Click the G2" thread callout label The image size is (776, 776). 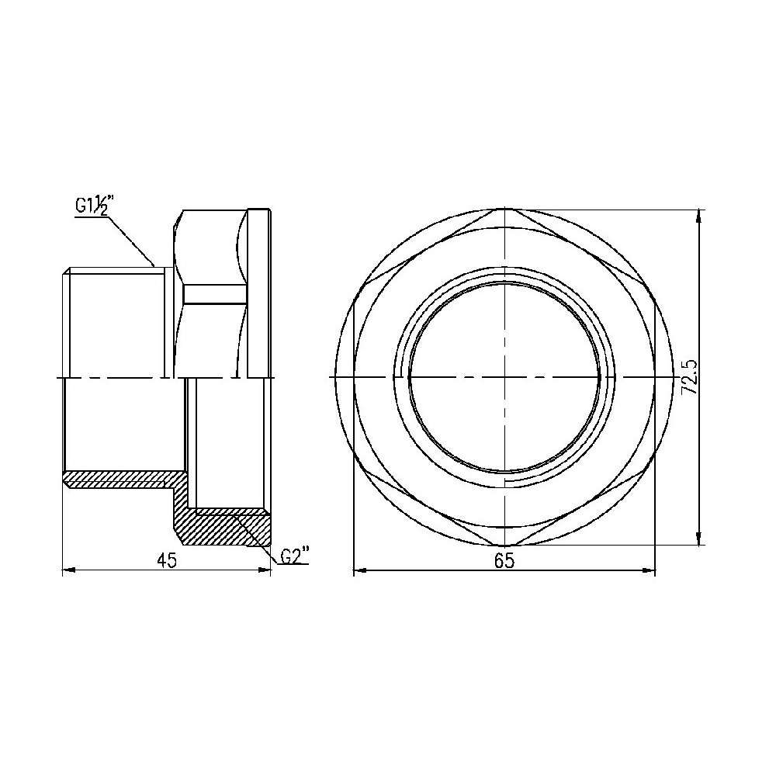coord(294,556)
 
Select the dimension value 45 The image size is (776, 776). coord(167,559)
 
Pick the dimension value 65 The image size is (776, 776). coord(504,560)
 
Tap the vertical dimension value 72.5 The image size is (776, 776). coord(690,377)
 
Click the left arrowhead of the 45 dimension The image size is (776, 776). coord(68,570)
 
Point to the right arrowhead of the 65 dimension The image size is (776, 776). coord(648,570)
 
